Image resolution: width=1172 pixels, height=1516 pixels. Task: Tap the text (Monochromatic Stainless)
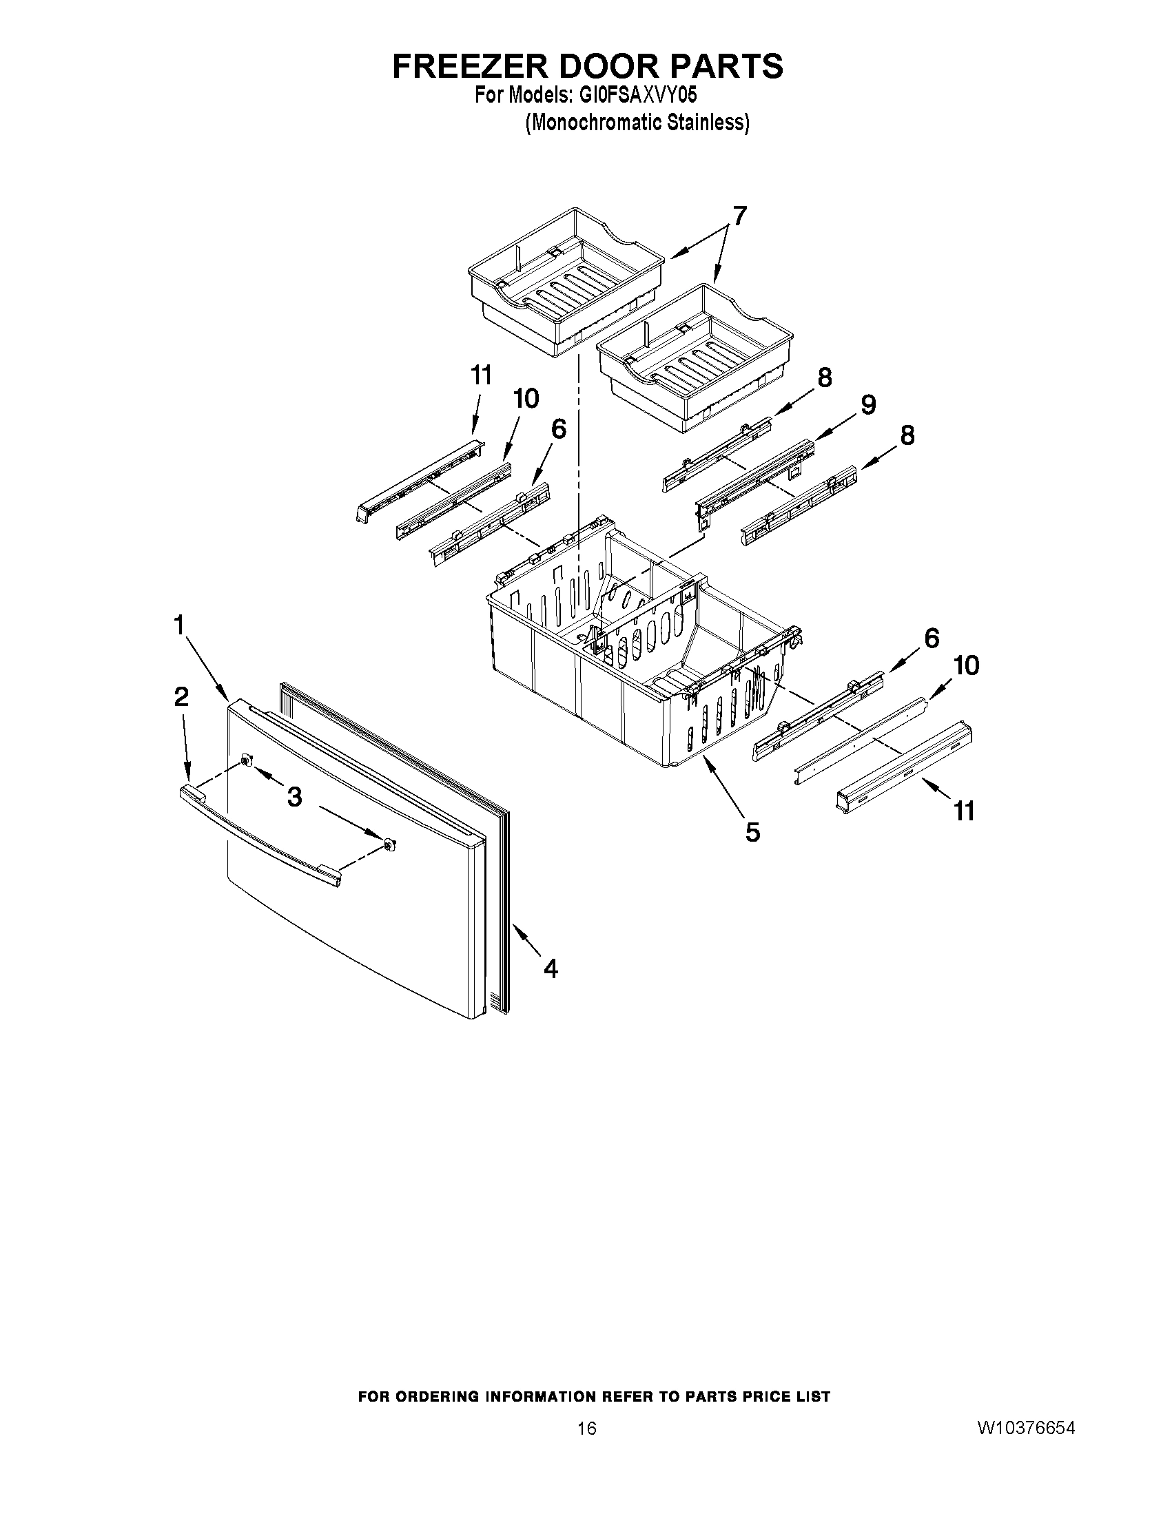(637, 123)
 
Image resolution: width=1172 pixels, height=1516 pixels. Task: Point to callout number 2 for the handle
(181, 696)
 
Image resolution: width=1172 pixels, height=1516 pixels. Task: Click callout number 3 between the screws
(294, 798)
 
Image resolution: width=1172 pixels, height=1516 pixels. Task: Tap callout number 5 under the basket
(752, 831)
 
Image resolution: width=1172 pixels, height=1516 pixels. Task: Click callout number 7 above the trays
(740, 217)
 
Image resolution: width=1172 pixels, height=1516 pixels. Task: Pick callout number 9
(869, 405)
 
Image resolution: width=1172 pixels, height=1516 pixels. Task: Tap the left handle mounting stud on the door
(246, 762)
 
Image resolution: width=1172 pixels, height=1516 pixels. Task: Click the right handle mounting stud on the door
(389, 844)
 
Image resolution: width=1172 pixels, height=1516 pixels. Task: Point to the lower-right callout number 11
(965, 810)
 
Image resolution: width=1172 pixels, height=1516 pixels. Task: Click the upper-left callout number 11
(480, 375)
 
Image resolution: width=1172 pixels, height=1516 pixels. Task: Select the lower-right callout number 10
(966, 665)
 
